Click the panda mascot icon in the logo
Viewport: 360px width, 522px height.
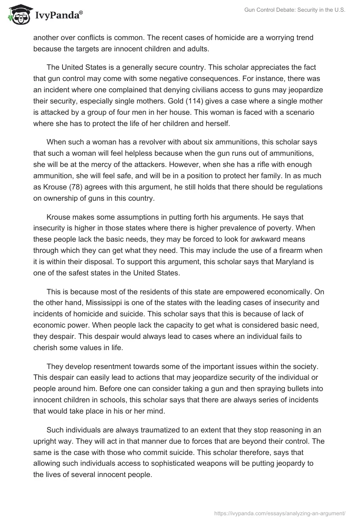tap(18, 14)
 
